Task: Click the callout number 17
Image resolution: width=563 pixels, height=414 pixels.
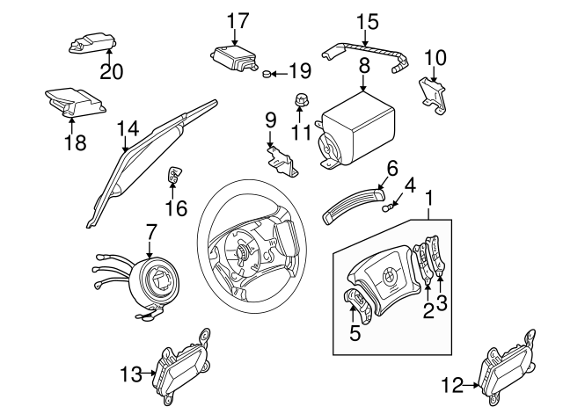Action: pos(238,20)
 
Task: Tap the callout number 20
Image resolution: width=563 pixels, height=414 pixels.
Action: pos(111,72)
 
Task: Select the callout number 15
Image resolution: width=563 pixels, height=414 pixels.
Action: pos(367,20)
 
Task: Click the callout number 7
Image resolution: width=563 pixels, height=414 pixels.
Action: pos(151,233)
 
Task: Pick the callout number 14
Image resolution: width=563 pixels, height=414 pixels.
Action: pos(128,128)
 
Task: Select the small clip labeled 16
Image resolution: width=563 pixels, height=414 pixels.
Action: pos(174,176)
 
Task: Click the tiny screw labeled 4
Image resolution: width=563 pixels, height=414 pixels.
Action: pos(388,207)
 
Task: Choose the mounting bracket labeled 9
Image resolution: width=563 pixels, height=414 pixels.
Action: pos(282,163)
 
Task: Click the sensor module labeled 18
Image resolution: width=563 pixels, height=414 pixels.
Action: pos(77,100)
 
